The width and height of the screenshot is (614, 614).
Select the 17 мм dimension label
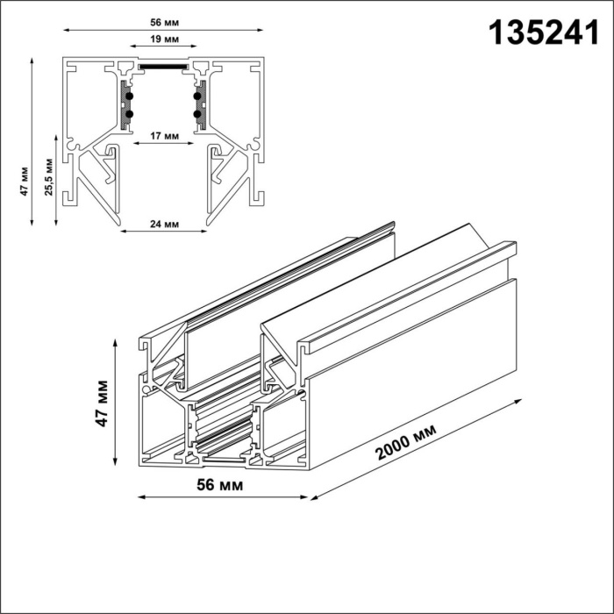click(x=166, y=136)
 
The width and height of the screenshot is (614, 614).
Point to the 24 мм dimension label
click(x=164, y=224)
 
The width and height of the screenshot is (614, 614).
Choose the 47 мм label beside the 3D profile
click(x=103, y=403)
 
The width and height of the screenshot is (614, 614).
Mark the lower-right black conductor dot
click(x=197, y=113)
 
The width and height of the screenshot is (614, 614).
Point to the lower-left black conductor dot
click(x=130, y=113)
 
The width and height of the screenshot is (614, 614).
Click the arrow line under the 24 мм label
click(x=164, y=233)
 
